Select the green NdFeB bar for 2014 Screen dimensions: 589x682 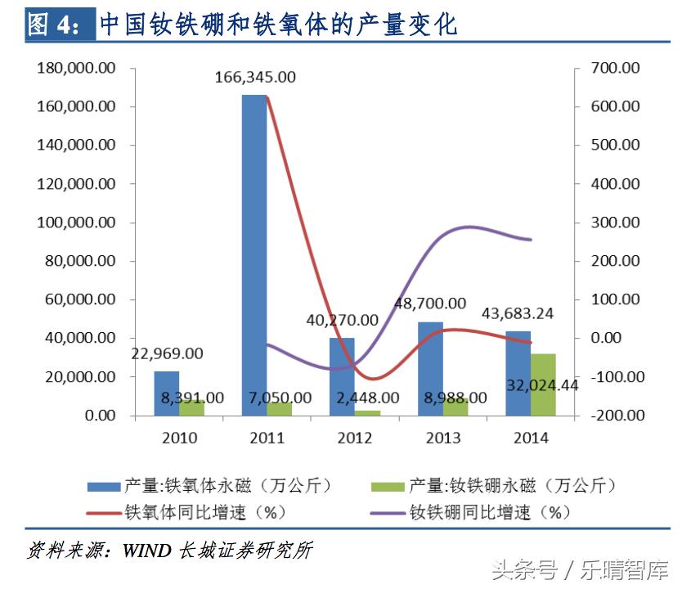point(543,384)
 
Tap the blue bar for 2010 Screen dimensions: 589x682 point(167,393)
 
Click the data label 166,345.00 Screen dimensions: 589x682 point(255,78)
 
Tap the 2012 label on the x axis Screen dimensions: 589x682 point(355,438)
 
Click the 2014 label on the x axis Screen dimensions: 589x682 point(531,438)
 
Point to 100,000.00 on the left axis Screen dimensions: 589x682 point(76,223)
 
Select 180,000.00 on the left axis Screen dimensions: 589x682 point(76,68)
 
